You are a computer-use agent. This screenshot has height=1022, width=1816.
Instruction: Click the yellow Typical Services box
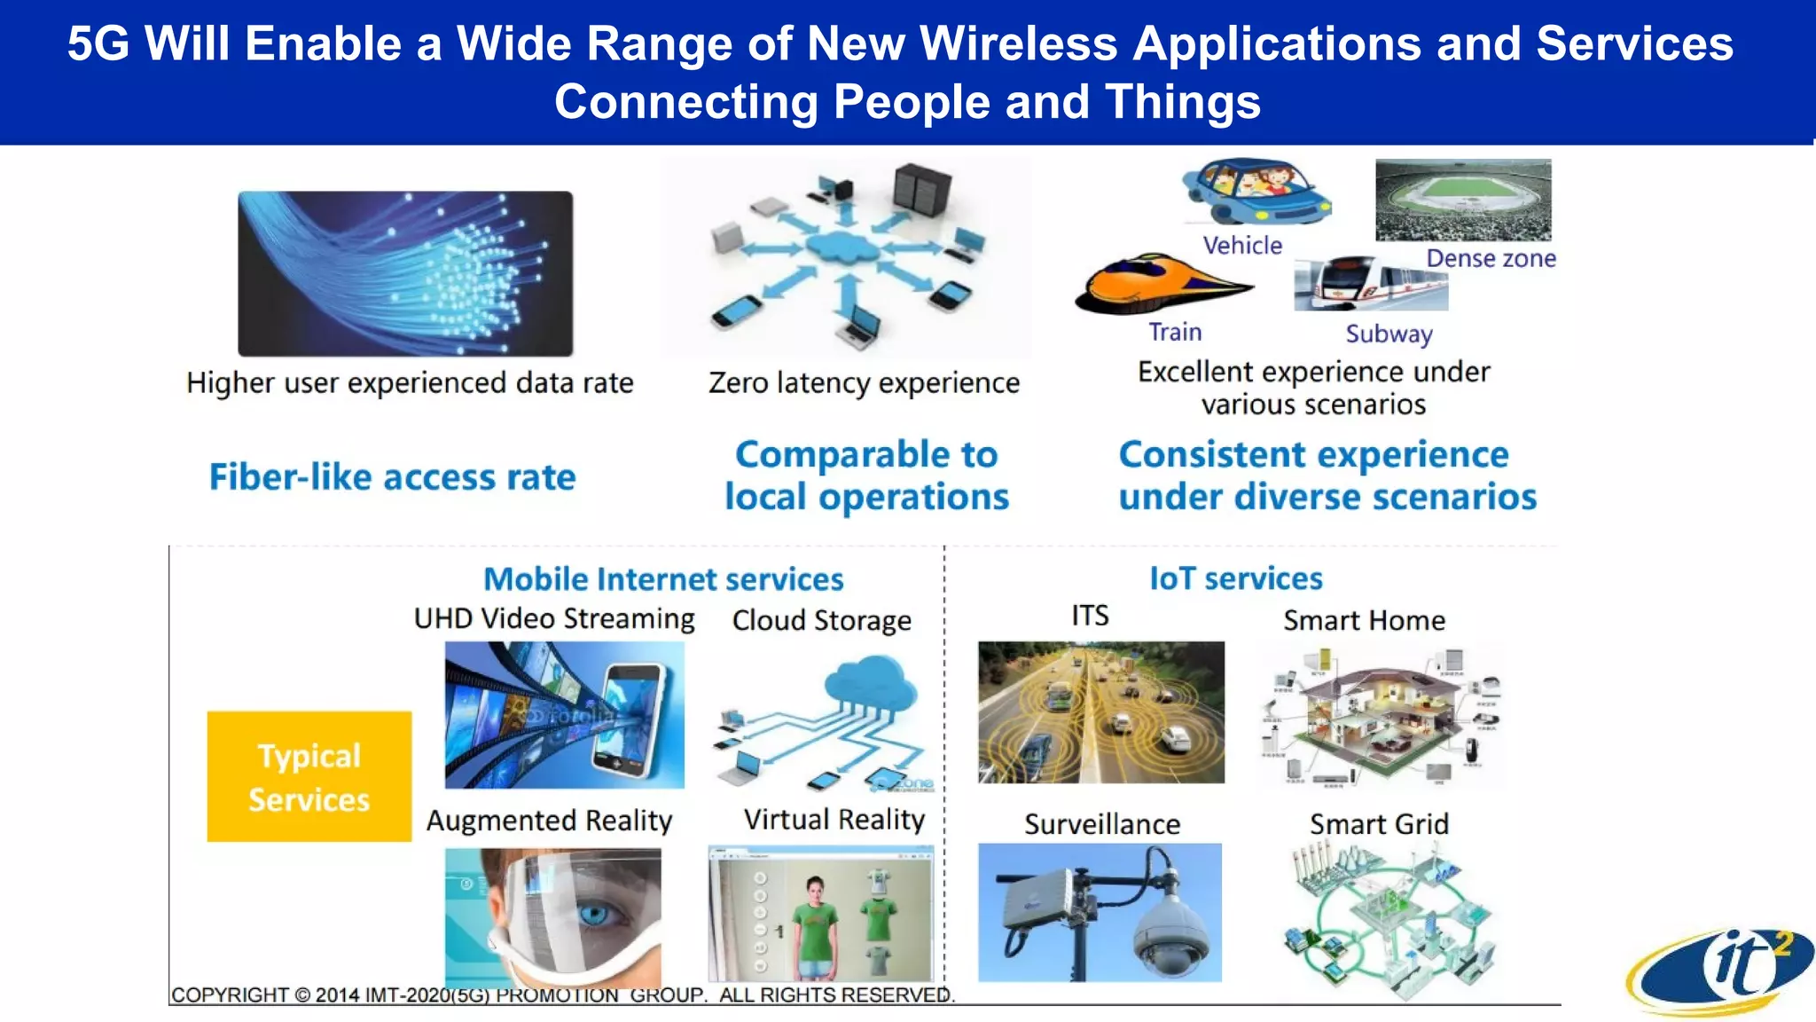309,776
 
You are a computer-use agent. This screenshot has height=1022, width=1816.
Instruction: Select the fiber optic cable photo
405,273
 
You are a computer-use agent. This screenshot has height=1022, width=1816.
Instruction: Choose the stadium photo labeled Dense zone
1463,200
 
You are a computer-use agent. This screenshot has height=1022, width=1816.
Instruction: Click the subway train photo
1370,284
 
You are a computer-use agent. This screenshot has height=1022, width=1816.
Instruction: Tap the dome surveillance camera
1172,932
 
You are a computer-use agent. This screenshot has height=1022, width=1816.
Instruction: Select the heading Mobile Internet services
663,579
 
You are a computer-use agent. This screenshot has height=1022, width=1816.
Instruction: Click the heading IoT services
1236,578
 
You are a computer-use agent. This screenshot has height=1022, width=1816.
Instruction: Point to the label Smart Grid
1379,824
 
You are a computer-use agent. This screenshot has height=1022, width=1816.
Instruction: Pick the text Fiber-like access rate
392,477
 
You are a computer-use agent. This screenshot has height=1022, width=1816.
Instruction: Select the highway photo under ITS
1101,712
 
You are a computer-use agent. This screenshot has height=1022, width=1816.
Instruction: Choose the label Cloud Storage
821,620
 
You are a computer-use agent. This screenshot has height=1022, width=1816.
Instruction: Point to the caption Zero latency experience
864,383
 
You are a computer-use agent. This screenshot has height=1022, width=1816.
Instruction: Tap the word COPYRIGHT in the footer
230,995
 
